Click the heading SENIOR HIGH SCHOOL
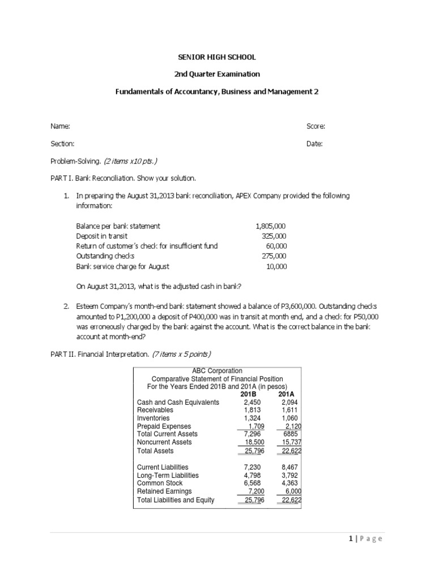point(217,57)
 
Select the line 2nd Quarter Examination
point(217,74)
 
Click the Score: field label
point(316,127)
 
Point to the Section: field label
point(62,144)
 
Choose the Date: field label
point(314,144)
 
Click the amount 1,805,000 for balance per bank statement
point(271,226)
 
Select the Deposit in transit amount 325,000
point(274,236)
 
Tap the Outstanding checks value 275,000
point(274,256)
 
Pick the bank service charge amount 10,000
point(276,266)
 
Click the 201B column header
point(249,394)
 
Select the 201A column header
point(287,394)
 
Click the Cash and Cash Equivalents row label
point(178,402)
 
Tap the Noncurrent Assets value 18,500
point(253,442)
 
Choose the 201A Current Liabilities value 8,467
point(289,468)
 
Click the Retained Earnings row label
point(164,491)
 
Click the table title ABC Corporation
point(217,370)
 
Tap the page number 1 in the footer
point(351,539)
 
